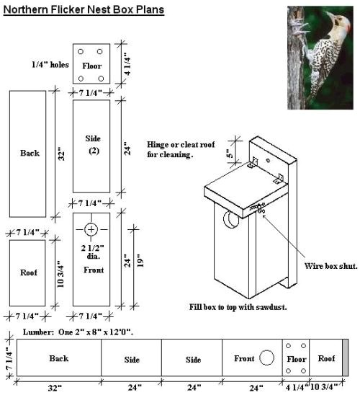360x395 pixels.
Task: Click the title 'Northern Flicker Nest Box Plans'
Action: [84, 10]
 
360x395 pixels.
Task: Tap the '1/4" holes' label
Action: [50, 65]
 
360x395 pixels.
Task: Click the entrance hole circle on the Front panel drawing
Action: [91, 229]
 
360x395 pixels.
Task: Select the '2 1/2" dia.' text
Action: [93, 252]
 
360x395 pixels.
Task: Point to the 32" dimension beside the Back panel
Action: [62, 154]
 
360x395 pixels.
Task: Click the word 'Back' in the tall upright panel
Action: [30, 153]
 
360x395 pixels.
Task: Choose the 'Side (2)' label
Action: [93, 145]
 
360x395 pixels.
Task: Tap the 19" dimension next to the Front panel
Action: [140, 260]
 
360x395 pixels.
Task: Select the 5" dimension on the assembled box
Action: [230, 154]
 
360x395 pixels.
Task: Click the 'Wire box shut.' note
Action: [330, 266]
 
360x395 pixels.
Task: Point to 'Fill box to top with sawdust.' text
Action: [238, 307]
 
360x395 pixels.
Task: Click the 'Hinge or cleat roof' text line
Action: [181, 145]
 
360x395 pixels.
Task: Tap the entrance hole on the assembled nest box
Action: [231, 219]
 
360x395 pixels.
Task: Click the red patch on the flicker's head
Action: [348, 26]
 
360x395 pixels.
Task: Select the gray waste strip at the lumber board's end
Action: [346, 358]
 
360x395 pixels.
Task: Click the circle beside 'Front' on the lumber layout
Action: [266, 358]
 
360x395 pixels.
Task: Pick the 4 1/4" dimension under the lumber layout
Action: [297, 386]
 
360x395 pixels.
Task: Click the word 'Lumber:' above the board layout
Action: [38, 332]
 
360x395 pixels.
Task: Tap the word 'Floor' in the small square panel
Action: [92, 66]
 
